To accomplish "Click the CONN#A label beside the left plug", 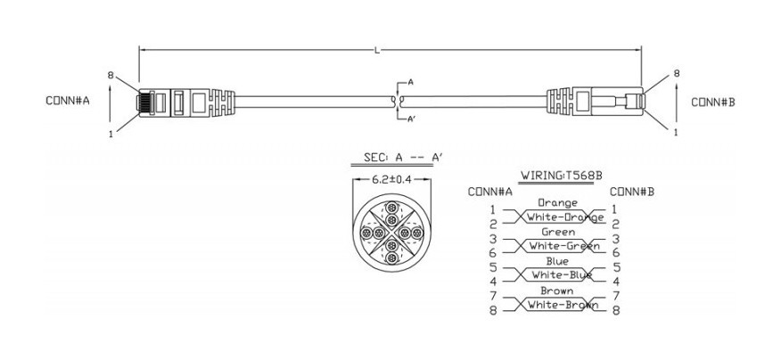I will pyautogui.click(x=67, y=101).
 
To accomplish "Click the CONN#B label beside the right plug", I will pyautogui.click(x=713, y=102).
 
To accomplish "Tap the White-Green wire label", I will pyautogui.click(x=558, y=246).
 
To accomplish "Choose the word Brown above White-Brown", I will pyautogui.click(x=558, y=290).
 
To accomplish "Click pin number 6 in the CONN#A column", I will pyautogui.click(x=492, y=253).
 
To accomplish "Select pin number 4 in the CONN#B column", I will pyautogui.click(x=616, y=282).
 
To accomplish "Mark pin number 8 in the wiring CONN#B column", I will pyautogui.click(x=616, y=310).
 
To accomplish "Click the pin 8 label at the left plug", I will pyautogui.click(x=111, y=76).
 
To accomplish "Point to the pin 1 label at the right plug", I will pyautogui.click(x=675, y=132).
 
